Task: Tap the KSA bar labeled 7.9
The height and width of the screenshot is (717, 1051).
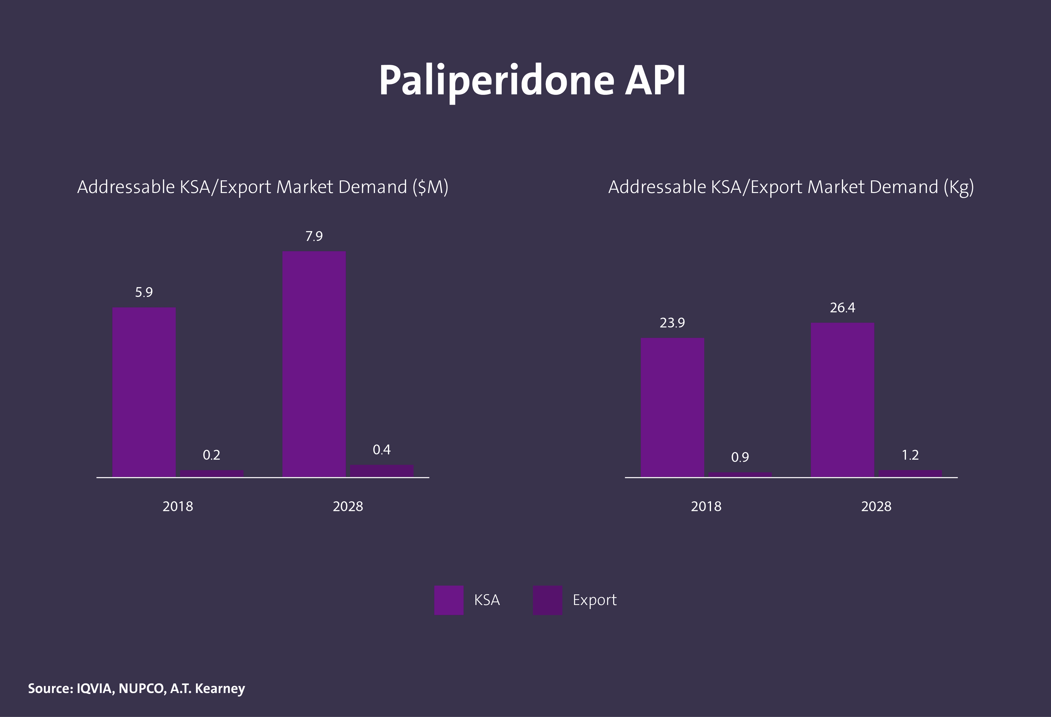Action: coord(314,364)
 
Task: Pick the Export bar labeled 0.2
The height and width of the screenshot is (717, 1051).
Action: coord(212,473)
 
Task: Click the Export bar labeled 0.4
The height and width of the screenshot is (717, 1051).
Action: coord(382,470)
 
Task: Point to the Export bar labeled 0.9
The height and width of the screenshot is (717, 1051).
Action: coord(740,474)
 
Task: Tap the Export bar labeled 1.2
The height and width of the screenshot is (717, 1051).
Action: coord(910,473)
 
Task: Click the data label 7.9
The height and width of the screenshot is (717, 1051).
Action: coord(314,236)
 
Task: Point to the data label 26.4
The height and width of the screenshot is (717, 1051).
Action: coord(842,308)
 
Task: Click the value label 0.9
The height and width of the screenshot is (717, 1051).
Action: coord(740,457)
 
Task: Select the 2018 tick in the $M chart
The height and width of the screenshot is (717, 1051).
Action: coord(178,506)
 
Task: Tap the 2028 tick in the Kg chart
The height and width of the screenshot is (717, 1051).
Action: coord(876,506)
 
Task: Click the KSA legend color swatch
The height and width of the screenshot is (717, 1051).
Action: coord(449,600)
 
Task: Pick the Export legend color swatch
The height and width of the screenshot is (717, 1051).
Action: coord(547,600)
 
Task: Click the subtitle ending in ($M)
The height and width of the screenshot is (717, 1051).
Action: coord(263,187)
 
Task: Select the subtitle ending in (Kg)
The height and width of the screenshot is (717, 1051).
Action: coord(791,187)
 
